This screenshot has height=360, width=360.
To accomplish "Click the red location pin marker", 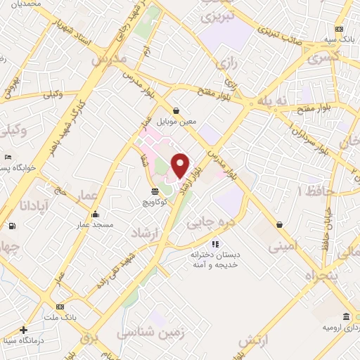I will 180,165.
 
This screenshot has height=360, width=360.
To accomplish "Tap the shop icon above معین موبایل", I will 175,110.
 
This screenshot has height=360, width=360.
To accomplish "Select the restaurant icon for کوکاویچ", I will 155,191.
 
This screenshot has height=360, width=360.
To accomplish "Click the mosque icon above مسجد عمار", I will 96,214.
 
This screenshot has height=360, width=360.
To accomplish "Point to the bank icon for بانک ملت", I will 60,307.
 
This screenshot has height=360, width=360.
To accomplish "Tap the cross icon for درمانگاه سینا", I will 24,330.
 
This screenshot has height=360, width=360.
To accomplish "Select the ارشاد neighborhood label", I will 146,233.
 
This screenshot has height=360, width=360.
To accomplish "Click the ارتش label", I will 254,341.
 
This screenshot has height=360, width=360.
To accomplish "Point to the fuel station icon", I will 12,226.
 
